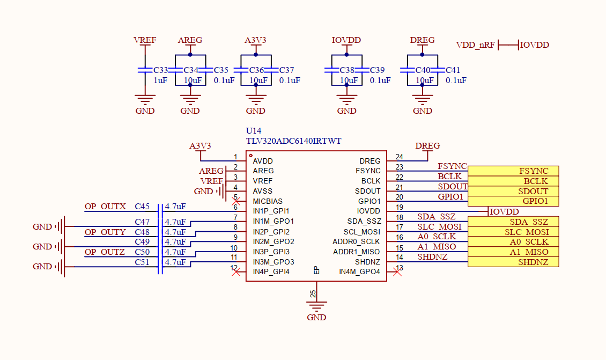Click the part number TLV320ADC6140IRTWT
pyautogui.click(x=293, y=141)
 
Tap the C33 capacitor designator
pyautogui.click(x=161, y=70)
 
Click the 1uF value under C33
pyautogui.click(x=160, y=80)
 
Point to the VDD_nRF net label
pyautogui.click(x=475, y=45)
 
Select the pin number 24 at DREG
pyautogui.click(x=399, y=157)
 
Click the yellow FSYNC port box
pyautogui.click(x=513, y=171)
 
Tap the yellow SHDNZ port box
pyautogui.click(x=513, y=262)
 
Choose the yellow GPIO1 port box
pyautogui.click(x=513, y=201)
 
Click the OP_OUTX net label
pyautogui.click(x=105, y=207)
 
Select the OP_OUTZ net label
pyautogui.click(x=105, y=252)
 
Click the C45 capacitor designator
pyautogui.click(x=142, y=207)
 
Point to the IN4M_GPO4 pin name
pyautogui.click(x=359, y=272)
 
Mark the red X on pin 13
pyautogui.click(x=397, y=273)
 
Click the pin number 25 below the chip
pyautogui.click(x=313, y=293)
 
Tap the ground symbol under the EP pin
pyautogui.click(x=316, y=307)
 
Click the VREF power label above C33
pyautogui.click(x=145, y=41)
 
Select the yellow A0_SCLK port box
pyautogui.click(x=513, y=242)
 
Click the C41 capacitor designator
pyautogui.click(x=453, y=70)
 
